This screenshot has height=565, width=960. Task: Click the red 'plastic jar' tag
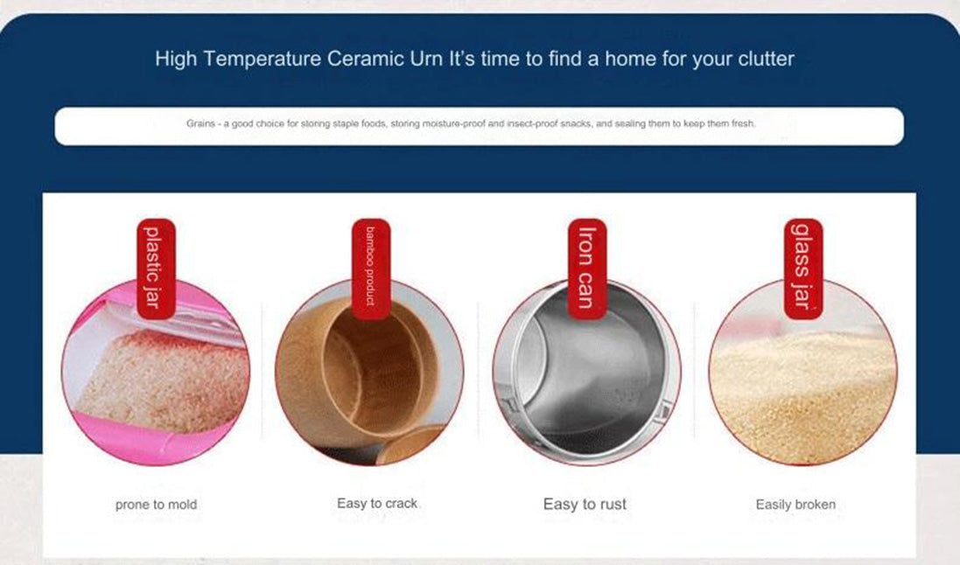[x=156, y=269]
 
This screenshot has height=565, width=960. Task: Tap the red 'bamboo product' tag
[x=370, y=269]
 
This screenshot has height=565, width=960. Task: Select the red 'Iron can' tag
[x=587, y=269]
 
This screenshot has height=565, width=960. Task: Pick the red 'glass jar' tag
[x=803, y=269]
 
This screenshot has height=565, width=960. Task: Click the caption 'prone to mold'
[x=156, y=505]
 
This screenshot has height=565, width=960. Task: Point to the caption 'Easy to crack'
[x=377, y=503]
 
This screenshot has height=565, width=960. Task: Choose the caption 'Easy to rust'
[x=585, y=505]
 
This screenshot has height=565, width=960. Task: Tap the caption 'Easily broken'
[x=795, y=505]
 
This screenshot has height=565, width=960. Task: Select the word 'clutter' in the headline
[x=766, y=59]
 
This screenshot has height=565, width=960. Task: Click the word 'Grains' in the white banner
[x=200, y=123]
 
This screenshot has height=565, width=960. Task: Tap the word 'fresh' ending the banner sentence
[x=743, y=123]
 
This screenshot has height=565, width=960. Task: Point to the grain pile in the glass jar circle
[x=803, y=398]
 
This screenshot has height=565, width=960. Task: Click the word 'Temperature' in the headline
[x=262, y=59]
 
